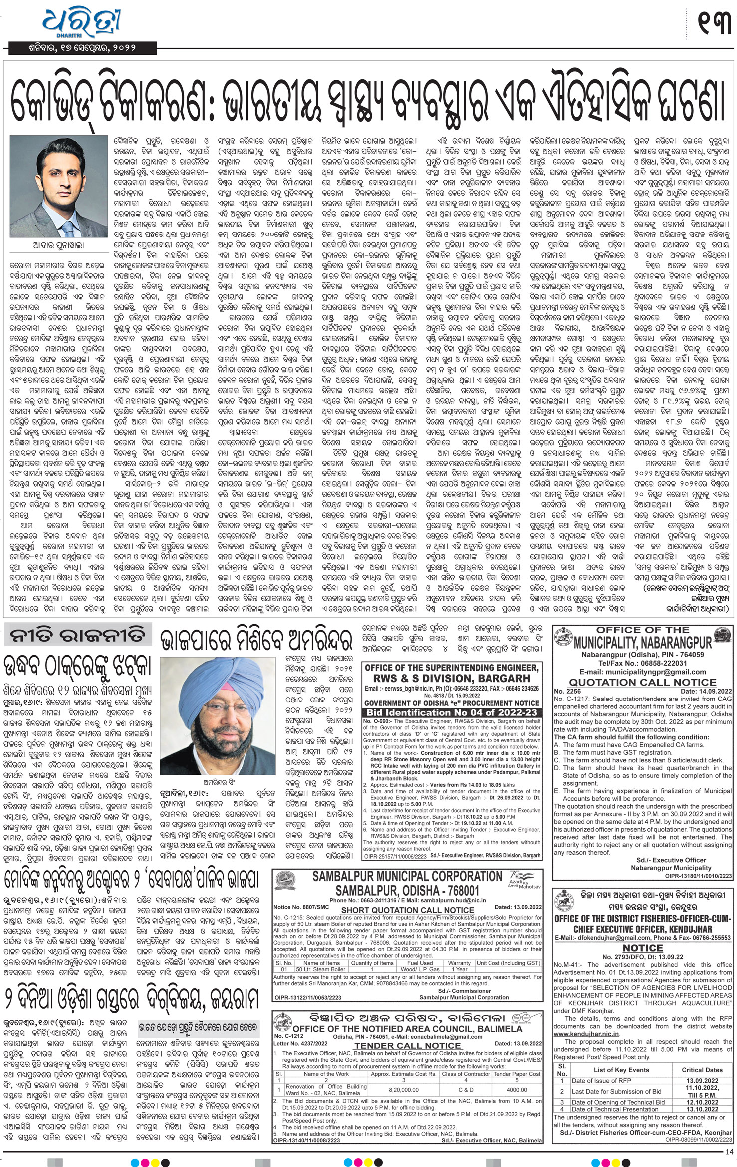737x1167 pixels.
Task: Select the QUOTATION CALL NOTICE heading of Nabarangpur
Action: click(643, 682)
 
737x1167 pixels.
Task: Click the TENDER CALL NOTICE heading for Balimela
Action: click(407, 1045)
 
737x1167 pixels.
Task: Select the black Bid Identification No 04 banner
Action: click(452, 713)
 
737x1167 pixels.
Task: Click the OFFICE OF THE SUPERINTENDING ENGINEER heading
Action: click(452, 668)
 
